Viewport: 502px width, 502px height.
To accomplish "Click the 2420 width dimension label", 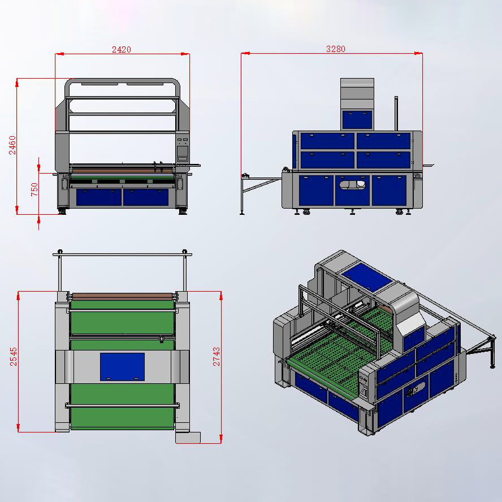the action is [x=122, y=49].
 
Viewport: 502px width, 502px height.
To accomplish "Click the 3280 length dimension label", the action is [x=336, y=49].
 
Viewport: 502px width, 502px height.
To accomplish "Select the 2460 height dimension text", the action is [x=12, y=145].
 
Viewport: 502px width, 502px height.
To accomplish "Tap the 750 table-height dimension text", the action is [x=34, y=189].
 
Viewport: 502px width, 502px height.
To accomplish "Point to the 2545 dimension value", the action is [x=14, y=357].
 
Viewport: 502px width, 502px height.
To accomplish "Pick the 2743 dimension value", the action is [x=217, y=357].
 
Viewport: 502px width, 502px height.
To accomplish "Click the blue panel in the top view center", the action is [x=122, y=367].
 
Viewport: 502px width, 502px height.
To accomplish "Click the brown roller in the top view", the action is [x=123, y=296].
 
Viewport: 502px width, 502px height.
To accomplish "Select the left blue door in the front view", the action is [x=99, y=197].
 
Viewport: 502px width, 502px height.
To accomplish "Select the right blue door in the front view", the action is [x=146, y=197].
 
